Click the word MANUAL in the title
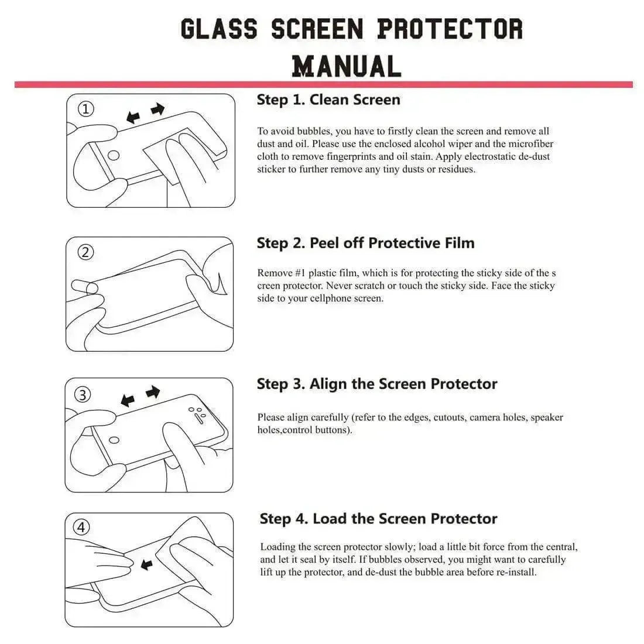tap(347, 66)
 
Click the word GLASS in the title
tap(218, 29)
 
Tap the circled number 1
tap(86, 109)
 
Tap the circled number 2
tap(85, 252)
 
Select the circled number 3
tap(83, 395)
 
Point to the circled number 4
tap(81, 527)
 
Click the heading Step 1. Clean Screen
tap(328, 100)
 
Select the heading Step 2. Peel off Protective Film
tap(365, 243)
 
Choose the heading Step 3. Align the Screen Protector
tap(377, 384)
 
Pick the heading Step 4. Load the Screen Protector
tap(378, 519)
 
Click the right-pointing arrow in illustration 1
tap(157, 109)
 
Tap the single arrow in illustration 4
tap(146, 564)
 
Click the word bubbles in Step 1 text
tap(314, 131)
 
